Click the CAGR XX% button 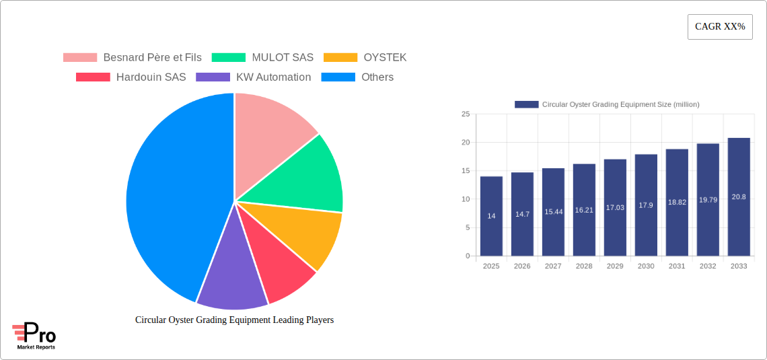[x=720, y=27]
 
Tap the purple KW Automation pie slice [x=229, y=273]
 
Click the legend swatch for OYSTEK [x=340, y=58]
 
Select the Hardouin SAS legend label [x=151, y=77]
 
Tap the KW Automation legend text [x=273, y=77]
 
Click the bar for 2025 [x=491, y=215]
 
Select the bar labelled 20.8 [x=739, y=196]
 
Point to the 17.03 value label [x=615, y=208]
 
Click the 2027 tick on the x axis [x=553, y=266]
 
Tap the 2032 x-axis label [x=708, y=266]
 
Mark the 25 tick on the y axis [x=466, y=114]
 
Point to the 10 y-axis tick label [x=466, y=199]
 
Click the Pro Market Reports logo [x=34, y=336]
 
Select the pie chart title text [x=234, y=320]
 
